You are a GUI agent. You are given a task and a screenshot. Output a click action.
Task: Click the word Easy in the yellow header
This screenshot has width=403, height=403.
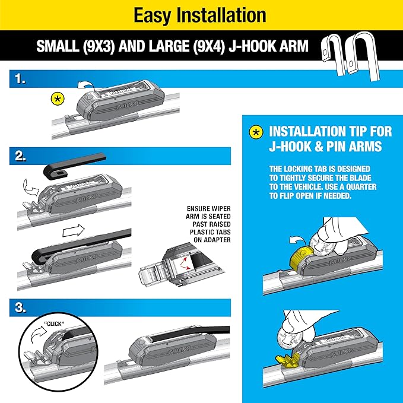tap(151, 15)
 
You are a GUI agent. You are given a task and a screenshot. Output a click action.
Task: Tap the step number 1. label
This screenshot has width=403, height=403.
tap(20, 78)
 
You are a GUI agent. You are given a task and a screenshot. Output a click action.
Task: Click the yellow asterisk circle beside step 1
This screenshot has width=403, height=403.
tap(58, 98)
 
